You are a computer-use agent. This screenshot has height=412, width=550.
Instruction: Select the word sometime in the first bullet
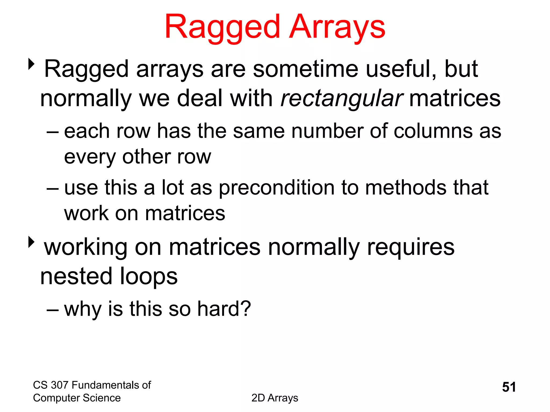305,69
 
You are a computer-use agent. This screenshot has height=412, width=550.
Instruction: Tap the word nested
76,276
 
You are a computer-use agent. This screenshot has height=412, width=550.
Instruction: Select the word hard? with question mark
224,309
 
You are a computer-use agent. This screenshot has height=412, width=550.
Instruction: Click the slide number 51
509,387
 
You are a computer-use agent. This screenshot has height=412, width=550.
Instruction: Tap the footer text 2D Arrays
274,398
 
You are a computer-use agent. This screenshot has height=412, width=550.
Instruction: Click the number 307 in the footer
59,385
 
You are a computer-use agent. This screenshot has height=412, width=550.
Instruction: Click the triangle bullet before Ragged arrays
31,64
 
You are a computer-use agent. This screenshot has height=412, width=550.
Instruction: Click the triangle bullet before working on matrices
31,242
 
